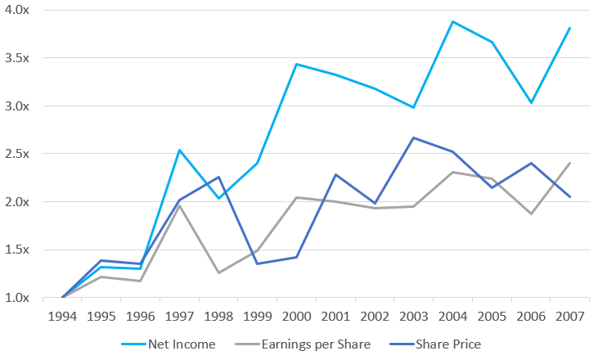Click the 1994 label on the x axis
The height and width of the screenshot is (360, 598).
(63, 316)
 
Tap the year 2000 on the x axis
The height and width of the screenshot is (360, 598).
(296, 316)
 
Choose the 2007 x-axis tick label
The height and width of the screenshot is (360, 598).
(569, 316)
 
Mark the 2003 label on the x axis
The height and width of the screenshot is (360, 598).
(413, 316)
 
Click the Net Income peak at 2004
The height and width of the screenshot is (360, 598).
(452, 21)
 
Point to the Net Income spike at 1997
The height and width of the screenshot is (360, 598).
(180, 150)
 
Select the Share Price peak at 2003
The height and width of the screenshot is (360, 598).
(413, 137)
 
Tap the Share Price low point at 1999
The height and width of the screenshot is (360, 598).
(258, 263)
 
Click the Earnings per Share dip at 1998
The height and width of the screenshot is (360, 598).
(218, 272)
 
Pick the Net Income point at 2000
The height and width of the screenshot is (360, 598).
(296, 64)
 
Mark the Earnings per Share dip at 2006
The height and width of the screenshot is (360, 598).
(530, 214)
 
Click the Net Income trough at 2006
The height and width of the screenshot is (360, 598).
(530, 102)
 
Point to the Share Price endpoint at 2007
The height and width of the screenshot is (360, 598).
(569, 196)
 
